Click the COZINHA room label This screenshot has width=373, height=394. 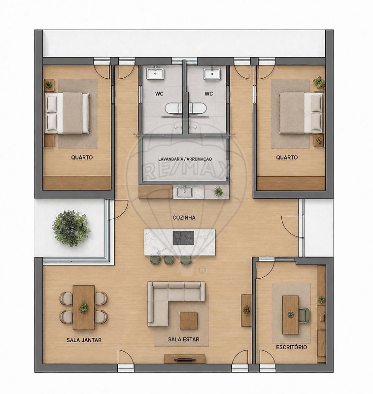point(184,218)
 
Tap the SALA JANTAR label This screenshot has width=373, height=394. point(84,340)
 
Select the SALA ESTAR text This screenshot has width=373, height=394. point(183,339)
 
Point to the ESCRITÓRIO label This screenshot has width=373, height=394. point(292,347)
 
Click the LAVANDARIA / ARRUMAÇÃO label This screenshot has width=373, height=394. point(185,159)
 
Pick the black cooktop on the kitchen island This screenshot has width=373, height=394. point(183,238)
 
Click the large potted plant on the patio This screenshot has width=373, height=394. point(71,229)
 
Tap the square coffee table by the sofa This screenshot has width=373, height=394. point(189,321)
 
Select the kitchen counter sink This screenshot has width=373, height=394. point(184,192)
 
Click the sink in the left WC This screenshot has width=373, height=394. point(155,73)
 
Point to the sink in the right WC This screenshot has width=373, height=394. point(212,73)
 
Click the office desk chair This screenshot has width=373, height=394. point(304,315)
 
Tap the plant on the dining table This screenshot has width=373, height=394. point(84,307)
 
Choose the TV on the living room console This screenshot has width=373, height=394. point(185,360)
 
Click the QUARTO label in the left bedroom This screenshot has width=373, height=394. point(82,158)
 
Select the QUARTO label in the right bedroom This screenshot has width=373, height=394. point(287,158)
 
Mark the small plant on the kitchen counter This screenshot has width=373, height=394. point(218,192)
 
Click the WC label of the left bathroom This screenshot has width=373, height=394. point(159,94)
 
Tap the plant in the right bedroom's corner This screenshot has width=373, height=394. point(319,82)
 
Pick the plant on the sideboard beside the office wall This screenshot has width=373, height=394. point(247,310)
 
